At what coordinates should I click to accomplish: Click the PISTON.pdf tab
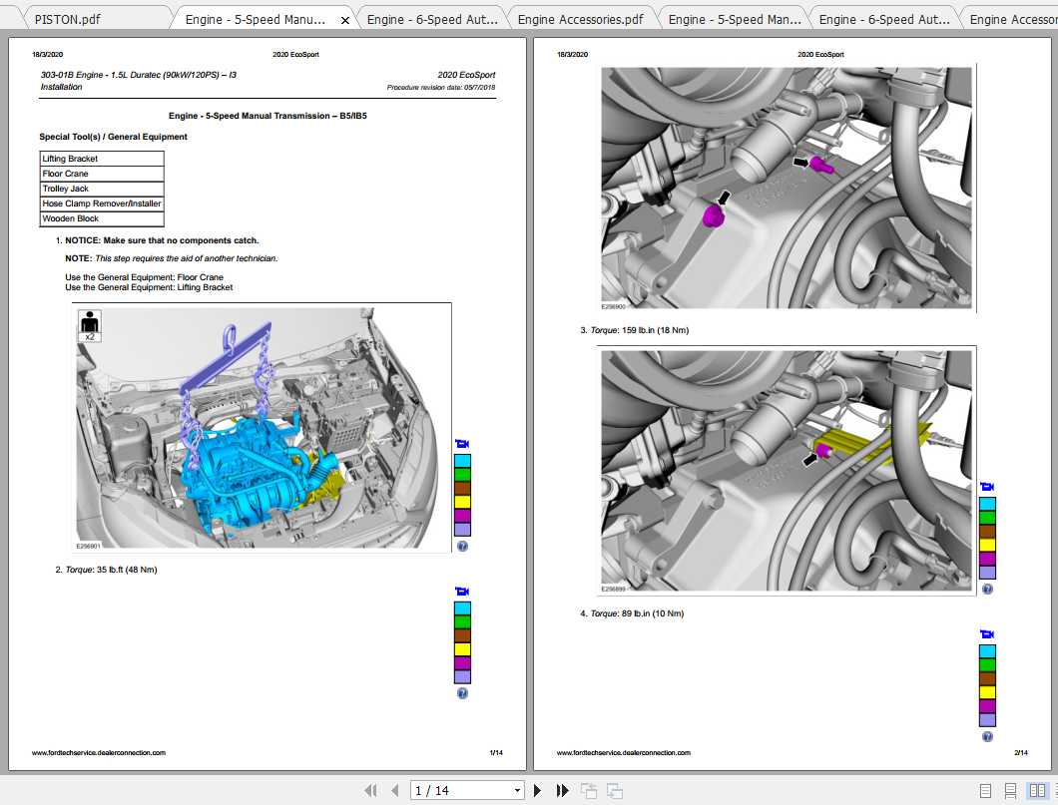pos(67,19)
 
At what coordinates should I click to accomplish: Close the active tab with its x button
pos(345,20)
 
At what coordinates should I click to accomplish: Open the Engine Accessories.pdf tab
pos(580,19)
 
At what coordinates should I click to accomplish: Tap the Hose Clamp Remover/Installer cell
pos(101,203)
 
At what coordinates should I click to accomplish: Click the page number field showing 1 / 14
pos(467,790)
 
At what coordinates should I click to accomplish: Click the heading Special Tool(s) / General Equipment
pos(113,137)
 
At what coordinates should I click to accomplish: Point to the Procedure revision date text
pos(440,88)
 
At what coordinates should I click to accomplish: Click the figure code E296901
pos(88,546)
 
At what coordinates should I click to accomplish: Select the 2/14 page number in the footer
pos(1020,752)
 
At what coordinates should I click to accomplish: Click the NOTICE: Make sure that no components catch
pos(162,240)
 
